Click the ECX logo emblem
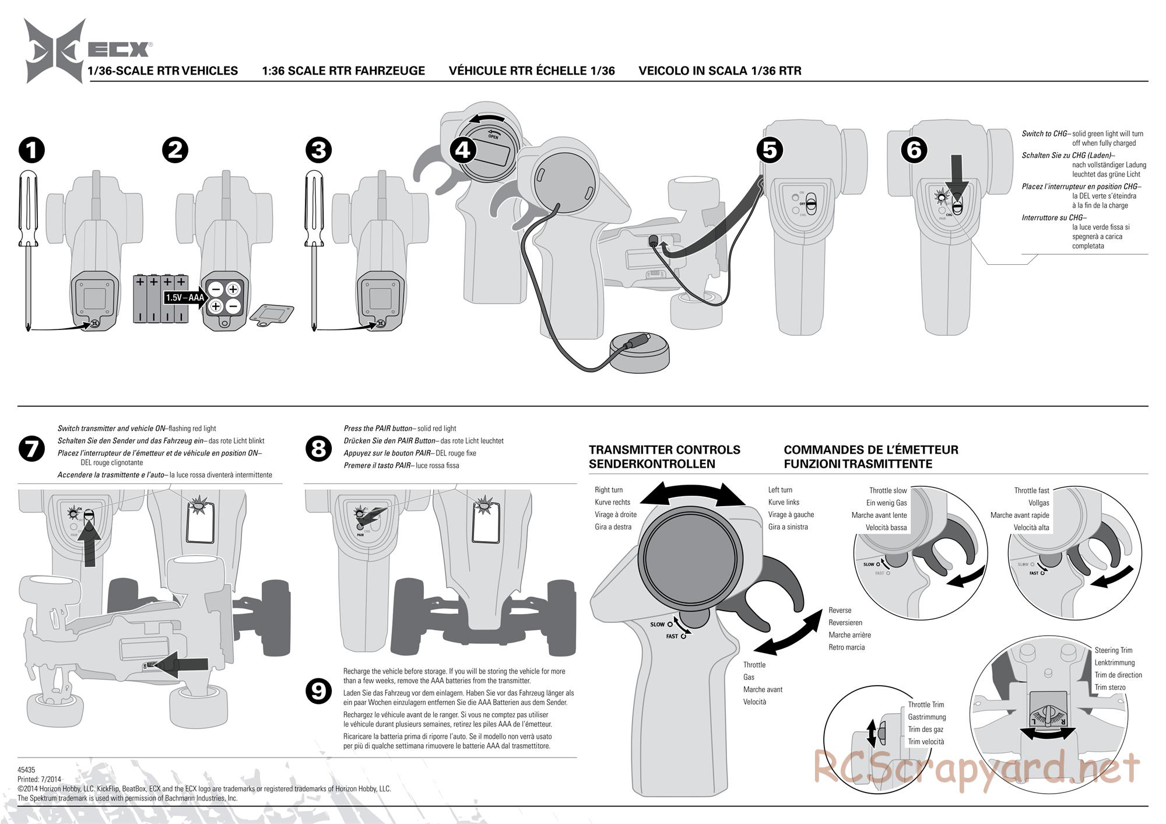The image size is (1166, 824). pyautogui.click(x=55, y=50)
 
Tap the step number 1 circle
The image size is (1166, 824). pyautogui.click(x=31, y=150)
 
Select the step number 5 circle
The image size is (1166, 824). pyautogui.click(x=770, y=150)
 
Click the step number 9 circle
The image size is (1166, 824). pyautogui.click(x=318, y=692)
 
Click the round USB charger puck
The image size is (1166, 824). pyautogui.click(x=639, y=352)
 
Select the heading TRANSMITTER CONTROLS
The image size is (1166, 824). pyautogui.click(x=664, y=450)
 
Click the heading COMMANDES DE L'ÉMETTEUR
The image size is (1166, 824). pyautogui.click(x=871, y=450)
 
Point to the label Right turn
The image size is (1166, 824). pyautogui.click(x=609, y=490)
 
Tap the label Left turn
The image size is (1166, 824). pyautogui.click(x=780, y=490)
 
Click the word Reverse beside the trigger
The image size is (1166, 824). pyautogui.click(x=840, y=610)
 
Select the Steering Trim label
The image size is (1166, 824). pyautogui.click(x=1113, y=650)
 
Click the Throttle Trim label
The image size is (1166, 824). pyautogui.click(x=926, y=704)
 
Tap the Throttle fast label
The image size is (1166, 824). pyautogui.click(x=1031, y=490)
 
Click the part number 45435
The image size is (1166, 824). pyautogui.click(x=26, y=770)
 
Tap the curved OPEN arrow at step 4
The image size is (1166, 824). pyautogui.click(x=489, y=119)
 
